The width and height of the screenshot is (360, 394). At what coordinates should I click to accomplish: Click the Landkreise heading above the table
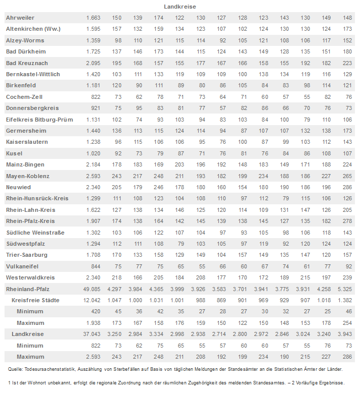pyautogui.click(x=180, y=7)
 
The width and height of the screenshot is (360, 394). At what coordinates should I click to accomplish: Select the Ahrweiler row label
pyautogui.click(x=20, y=18)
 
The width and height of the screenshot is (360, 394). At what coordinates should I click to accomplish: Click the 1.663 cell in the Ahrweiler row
pyautogui.click(x=93, y=18)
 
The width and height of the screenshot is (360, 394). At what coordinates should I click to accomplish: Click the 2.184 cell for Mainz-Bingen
pyautogui.click(x=93, y=164)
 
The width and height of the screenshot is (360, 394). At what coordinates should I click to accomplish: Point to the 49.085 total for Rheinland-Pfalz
pyautogui.click(x=92, y=289)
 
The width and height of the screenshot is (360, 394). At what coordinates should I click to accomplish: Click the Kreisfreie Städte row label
pyautogui.click(x=35, y=300)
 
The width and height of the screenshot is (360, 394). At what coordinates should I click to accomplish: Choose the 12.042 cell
pyautogui.click(x=92, y=300)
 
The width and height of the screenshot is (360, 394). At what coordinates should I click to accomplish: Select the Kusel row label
pyautogui.click(x=14, y=153)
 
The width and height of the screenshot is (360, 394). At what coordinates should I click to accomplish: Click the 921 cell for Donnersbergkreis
pyautogui.click(x=95, y=108)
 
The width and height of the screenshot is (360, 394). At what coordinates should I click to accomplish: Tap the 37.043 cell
pyautogui.click(x=92, y=334)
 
